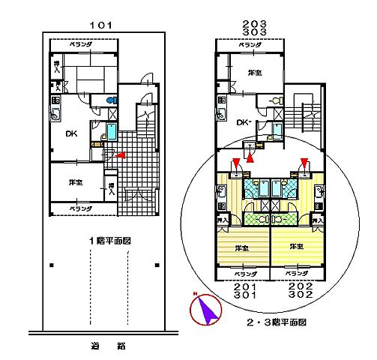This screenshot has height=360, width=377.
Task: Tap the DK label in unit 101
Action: click(x=70, y=135)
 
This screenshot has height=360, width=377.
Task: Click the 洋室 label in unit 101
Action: click(x=76, y=182)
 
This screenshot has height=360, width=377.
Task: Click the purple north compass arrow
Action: click(x=208, y=309)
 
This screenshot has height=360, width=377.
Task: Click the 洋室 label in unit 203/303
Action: click(x=255, y=73)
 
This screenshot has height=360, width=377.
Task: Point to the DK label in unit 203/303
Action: click(x=242, y=122)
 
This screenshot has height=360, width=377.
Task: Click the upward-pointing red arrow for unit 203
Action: click(x=251, y=157)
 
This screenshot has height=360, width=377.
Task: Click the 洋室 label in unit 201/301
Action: click(x=242, y=247)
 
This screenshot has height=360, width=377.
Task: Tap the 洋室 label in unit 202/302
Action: click(x=297, y=246)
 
